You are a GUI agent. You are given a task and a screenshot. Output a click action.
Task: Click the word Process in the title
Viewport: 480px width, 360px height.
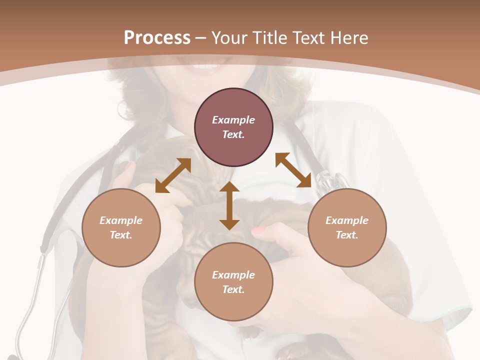coord(157,38)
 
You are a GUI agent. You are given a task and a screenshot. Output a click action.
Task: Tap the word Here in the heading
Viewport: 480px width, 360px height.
coord(348,38)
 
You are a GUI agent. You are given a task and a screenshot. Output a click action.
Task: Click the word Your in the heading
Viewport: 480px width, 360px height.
coord(230,38)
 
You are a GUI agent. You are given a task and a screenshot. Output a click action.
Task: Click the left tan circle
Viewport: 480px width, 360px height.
coord(121,227)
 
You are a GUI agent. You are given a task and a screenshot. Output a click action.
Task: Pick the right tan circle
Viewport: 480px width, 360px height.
coord(347,227)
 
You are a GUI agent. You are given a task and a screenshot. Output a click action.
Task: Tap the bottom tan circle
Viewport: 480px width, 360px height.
coord(233,282)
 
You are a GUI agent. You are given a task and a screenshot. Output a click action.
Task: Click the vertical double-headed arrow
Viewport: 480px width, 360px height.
coord(229,205)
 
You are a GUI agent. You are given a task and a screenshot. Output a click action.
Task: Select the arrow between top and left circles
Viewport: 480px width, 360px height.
coord(173,175)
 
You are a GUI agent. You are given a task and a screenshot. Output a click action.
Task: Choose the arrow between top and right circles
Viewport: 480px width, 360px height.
coord(293,170)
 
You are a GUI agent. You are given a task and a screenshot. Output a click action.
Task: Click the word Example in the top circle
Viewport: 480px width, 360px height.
coord(233,120)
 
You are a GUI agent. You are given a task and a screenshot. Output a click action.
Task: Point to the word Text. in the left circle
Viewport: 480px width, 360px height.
coord(121,235)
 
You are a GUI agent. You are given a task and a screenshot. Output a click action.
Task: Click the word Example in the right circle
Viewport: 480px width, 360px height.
coord(347,220)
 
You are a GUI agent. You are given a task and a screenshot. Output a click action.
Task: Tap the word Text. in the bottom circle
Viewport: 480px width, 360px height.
coord(233,289)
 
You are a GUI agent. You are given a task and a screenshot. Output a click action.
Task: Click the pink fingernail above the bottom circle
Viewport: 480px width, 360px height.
coord(258,230)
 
